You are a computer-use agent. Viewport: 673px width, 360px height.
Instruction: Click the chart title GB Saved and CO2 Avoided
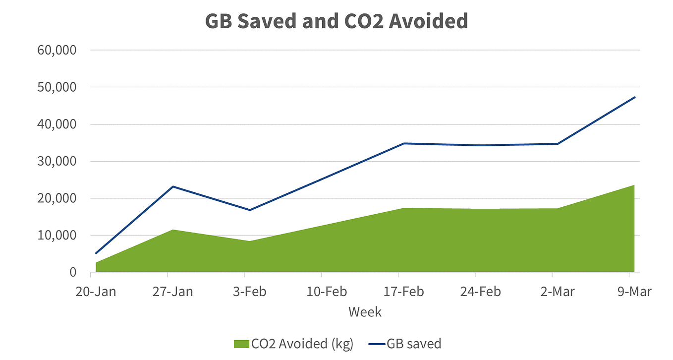(336, 21)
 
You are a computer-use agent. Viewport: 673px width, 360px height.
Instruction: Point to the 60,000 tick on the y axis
(57, 50)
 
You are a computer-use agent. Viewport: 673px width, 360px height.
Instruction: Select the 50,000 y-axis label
(57, 87)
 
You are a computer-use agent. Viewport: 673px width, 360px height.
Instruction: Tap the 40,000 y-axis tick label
(57, 124)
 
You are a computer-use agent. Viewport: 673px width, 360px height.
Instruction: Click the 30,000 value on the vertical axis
(57, 161)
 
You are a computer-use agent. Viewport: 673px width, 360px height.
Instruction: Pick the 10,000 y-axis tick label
(57, 236)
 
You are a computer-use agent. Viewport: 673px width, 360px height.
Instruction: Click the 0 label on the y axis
(73, 272)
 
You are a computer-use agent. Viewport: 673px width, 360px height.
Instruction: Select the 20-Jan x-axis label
(96, 292)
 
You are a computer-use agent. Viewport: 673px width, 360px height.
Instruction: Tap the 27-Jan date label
(173, 292)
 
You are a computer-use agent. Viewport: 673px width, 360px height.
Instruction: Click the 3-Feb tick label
(250, 292)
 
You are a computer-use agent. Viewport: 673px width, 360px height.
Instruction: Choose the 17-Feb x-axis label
(403, 292)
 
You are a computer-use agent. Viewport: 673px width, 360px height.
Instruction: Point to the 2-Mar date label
(558, 292)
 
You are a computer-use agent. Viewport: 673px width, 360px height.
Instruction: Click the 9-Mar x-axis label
(634, 292)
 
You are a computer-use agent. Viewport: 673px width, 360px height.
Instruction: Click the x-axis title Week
(365, 312)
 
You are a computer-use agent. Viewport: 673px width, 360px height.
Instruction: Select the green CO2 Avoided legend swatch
(241, 344)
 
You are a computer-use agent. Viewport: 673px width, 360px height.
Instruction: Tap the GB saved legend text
(414, 344)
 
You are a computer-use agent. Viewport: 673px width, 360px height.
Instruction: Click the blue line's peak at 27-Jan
(173, 186)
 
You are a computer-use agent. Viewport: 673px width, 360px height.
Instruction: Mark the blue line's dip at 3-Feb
(250, 210)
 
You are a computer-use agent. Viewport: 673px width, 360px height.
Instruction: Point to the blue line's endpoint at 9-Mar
(634, 97)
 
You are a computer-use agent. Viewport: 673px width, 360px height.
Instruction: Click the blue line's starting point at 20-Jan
(96, 253)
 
